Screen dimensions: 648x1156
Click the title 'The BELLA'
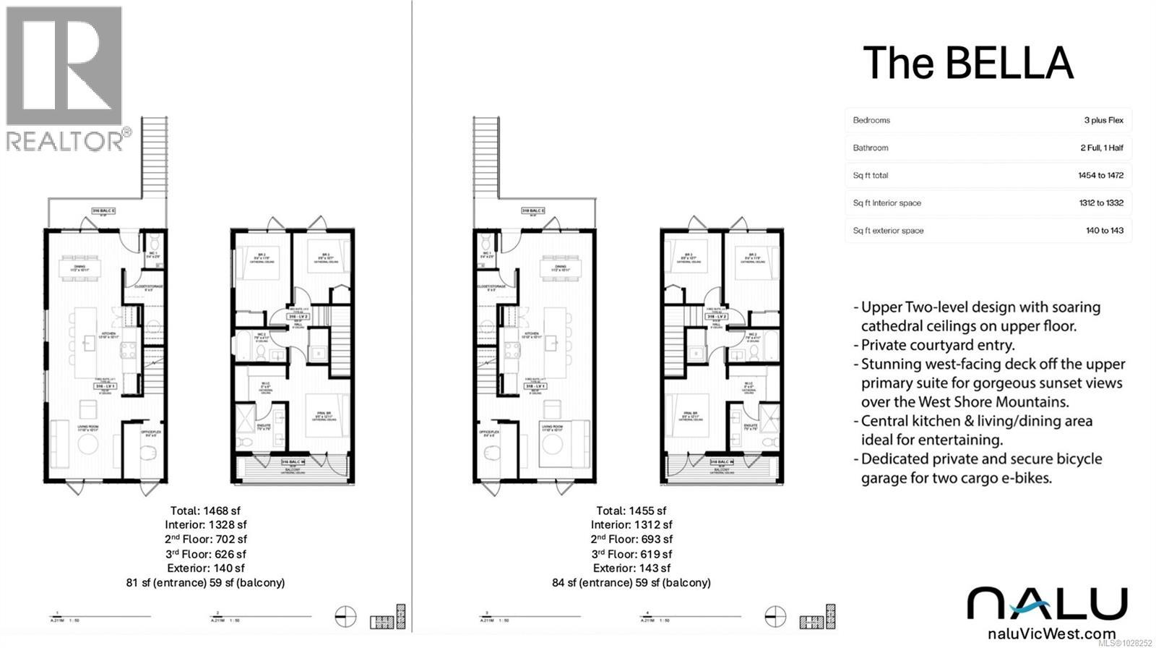pos(967,63)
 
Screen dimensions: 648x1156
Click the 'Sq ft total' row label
pos(870,175)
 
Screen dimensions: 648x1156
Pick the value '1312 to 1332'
pos(1101,203)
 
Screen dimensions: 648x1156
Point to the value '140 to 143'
pos(1105,231)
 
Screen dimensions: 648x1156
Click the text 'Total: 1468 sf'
pos(205,511)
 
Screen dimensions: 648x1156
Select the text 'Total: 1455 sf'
pos(631,511)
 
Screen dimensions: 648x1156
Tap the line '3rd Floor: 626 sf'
pos(205,554)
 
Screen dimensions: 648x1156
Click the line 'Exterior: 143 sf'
pos(631,568)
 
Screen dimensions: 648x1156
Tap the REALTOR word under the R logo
pos(65,141)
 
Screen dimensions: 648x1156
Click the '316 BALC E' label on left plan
pos(104,210)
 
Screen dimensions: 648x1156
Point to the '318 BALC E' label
pos(532,211)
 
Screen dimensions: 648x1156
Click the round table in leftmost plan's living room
pos(88,444)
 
